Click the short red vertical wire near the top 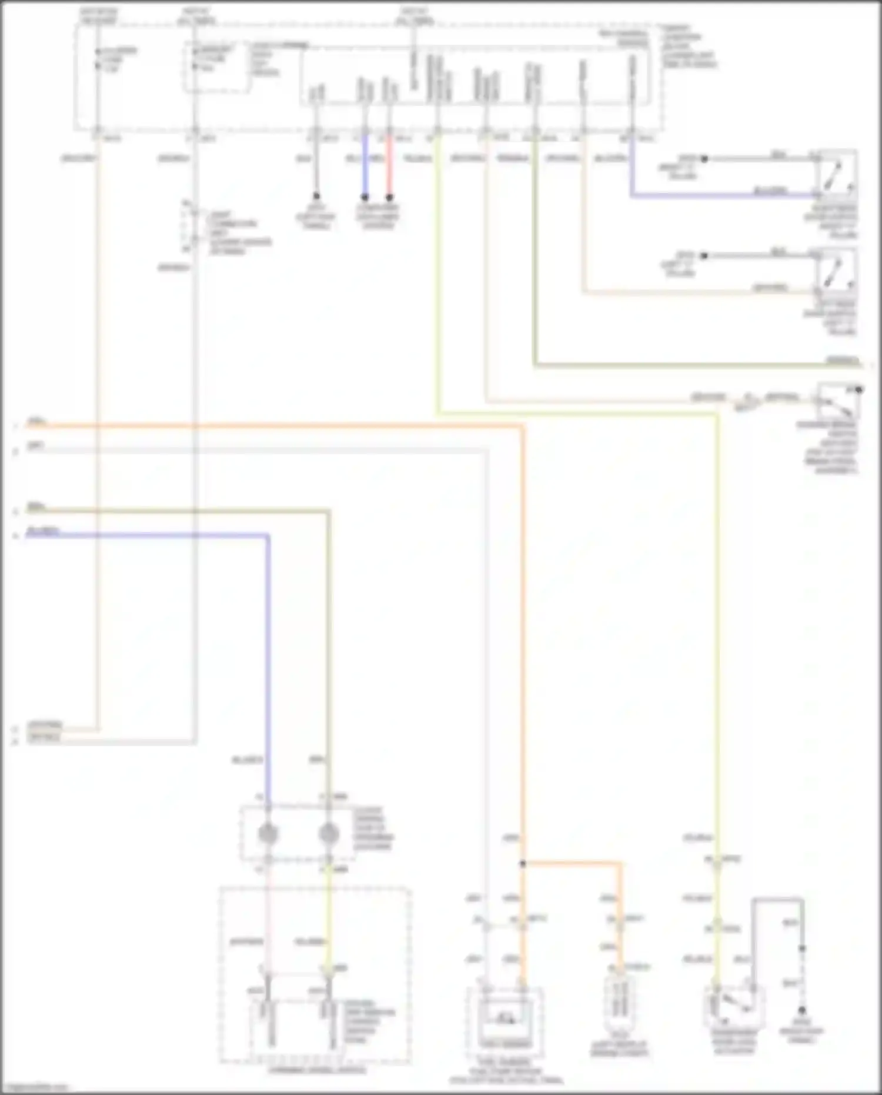click(x=389, y=168)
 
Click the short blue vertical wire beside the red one click(x=365, y=168)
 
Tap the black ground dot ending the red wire click(x=389, y=197)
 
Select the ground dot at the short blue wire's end click(x=365, y=197)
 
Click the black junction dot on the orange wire click(x=522, y=864)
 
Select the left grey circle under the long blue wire click(x=268, y=833)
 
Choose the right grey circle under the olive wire click(x=329, y=833)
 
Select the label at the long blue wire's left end click(x=42, y=532)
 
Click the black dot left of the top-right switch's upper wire click(x=704, y=159)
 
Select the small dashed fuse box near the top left click(x=217, y=67)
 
